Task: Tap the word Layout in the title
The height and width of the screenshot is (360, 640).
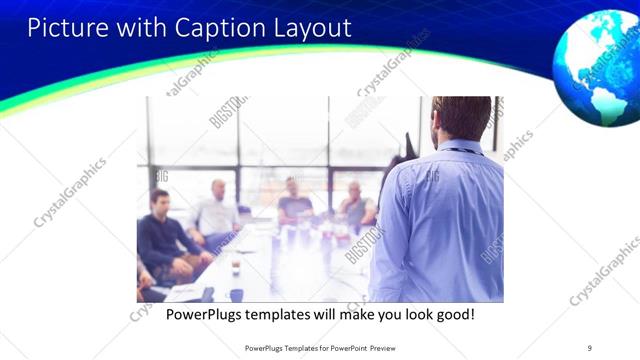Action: (x=309, y=27)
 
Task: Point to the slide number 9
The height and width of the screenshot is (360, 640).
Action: (x=589, y=347)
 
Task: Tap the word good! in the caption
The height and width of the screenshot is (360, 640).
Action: (x=451, y=314)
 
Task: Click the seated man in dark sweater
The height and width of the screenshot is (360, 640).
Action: (x=163, y=235)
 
